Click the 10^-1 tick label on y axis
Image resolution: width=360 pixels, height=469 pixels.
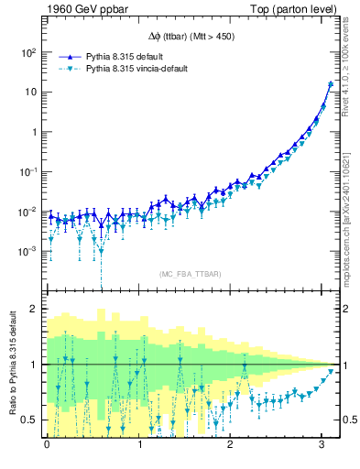(x=29, y=171)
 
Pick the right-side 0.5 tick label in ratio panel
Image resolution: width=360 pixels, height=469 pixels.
(x=350, y=420)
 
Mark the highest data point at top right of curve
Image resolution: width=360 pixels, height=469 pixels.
(x=330, y=84)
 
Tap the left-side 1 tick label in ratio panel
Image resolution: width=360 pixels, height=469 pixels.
(x=35, y=365)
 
